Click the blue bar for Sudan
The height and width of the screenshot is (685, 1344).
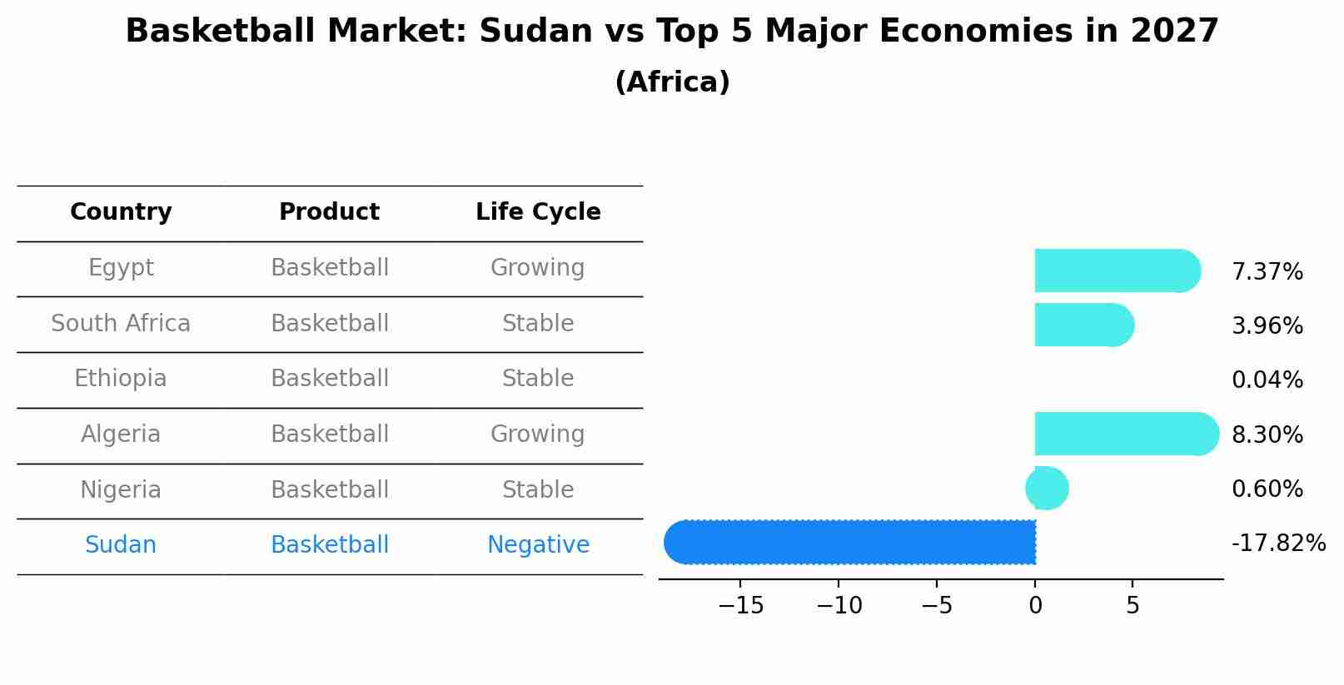tap(849, 543)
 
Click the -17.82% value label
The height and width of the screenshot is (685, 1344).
tap(1277, 544)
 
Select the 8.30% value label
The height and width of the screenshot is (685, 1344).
tap(1267, 434)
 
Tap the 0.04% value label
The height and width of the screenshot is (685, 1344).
tap(1267, 380)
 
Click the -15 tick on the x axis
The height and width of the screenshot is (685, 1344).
tap(740, 606)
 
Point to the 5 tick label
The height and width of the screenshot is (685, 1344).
tap(1132, 606)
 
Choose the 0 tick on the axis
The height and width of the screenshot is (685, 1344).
tap(1035, 606)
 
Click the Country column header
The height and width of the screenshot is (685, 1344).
tap(121, 212)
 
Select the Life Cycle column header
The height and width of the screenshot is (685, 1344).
tap(538, 212)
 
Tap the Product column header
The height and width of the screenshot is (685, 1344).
tap(329, 212)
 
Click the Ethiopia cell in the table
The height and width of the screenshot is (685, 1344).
tap(121, 379)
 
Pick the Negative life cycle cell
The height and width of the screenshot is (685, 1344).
tap(538, 545)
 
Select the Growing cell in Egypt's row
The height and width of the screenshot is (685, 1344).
tap(538, 268)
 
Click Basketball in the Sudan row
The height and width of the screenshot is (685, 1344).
tap(329, 545)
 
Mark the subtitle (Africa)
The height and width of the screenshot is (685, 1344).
tap(672, 82)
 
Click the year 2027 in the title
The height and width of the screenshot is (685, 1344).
tap(1174, 32)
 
